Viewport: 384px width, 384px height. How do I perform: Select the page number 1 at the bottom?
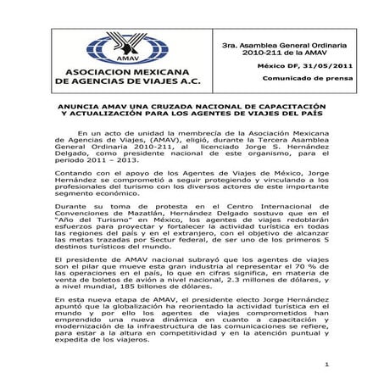pyautogui.click(x=326, y=365)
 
